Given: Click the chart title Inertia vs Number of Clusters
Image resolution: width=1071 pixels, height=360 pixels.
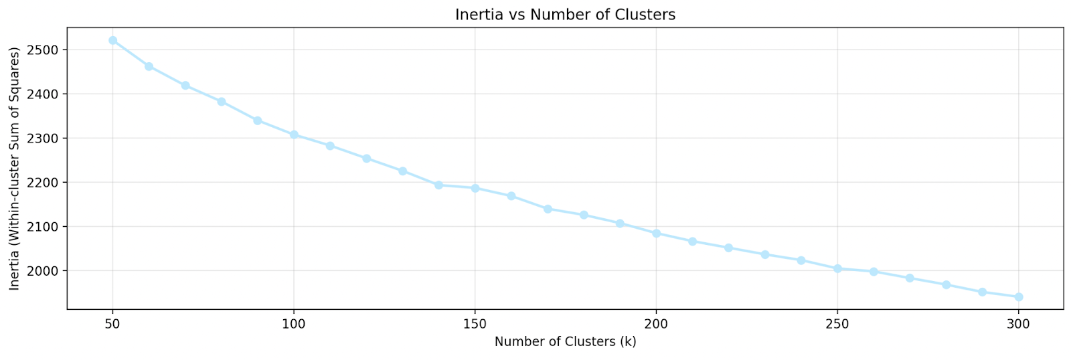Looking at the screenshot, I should [x=565, y=15].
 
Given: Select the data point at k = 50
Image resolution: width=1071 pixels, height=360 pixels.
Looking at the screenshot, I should [x=112, y=40].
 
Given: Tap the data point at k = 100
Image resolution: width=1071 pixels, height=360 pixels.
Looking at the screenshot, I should [x=294, y=134].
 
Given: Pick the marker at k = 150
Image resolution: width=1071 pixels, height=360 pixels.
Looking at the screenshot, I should [x=475, y=188].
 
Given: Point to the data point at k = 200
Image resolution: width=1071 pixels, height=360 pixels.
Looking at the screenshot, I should [x=656, y=234].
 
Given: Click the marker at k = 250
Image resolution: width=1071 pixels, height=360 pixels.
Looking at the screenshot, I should [x=837, y=268].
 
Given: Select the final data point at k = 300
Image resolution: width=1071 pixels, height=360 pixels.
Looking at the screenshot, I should [x=1019, y=296].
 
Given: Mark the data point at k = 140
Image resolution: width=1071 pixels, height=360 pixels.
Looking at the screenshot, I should [x=438, y=185].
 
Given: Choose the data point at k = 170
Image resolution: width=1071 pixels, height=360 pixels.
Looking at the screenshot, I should [x=548, y=209].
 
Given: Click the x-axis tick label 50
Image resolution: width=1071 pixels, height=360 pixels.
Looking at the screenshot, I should [x=112, y=324].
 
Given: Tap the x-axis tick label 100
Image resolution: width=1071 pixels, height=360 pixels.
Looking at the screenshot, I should [x=294, y=324].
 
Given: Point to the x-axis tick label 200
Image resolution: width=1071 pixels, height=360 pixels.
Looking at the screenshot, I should [x=656, y=324].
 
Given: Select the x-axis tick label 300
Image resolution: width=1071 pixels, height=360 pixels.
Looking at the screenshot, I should [x=1019, y=324].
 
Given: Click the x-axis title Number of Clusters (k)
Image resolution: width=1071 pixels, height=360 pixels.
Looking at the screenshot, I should [x=565, y=342].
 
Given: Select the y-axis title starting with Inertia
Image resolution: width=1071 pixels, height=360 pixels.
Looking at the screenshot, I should [x=15, y=169].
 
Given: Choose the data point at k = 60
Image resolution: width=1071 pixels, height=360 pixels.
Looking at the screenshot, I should [x=149, y=66].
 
